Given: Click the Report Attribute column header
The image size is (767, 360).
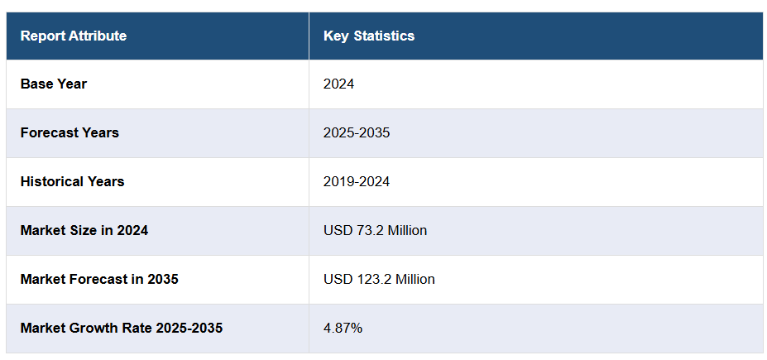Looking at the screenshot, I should (74, 36).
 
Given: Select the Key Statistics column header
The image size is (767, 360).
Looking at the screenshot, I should (369, 36).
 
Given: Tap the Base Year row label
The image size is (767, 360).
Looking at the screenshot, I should (54, 84).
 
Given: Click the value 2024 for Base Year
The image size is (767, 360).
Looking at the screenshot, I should (338, 84).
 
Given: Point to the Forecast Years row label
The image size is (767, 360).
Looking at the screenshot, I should (70, 132).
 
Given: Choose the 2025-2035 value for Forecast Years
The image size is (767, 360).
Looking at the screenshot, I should (357, 132).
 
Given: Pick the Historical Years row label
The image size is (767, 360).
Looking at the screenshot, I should (72, 181).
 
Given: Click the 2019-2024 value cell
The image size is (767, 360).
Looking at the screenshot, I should (357, 181).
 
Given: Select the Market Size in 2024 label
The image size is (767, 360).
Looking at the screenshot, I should (84, 230).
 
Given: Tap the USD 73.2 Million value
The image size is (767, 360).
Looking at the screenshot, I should (375, 230).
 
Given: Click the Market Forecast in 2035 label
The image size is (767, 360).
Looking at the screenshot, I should (99, 279).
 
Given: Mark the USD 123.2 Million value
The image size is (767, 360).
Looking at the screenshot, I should (379, 279).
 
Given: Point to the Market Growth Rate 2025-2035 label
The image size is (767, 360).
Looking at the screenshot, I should (122, 328).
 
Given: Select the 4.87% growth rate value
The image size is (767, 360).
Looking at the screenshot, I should (343, 328).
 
